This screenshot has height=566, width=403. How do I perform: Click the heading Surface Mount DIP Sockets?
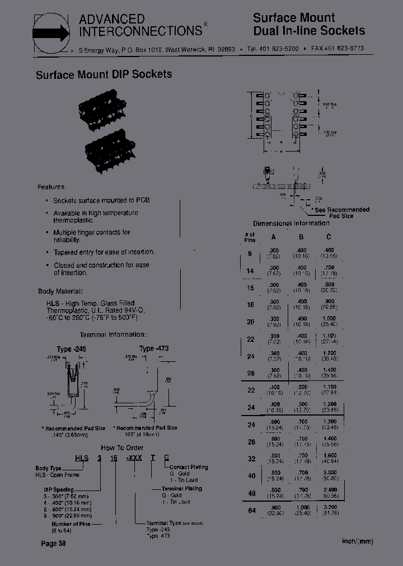point(104,74)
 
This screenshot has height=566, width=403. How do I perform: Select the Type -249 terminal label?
point(71,349)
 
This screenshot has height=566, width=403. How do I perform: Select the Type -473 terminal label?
point(154,348)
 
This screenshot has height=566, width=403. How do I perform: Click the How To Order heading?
point(121,447)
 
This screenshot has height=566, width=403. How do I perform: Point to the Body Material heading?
point(60,291)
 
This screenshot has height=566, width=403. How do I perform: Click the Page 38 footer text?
point(54,544)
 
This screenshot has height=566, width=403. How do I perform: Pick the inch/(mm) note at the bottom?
point(357,541)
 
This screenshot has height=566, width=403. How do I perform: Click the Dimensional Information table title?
point(291,223)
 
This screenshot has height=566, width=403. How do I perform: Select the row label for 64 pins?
point(251,510)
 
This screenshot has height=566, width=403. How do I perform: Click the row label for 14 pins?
point(250,271)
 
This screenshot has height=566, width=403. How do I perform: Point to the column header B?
point(301,237)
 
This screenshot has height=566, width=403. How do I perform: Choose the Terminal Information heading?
point(113,334)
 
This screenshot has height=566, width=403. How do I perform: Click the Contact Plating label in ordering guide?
point(188,467)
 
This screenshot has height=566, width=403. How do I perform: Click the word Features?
point(51,187)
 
